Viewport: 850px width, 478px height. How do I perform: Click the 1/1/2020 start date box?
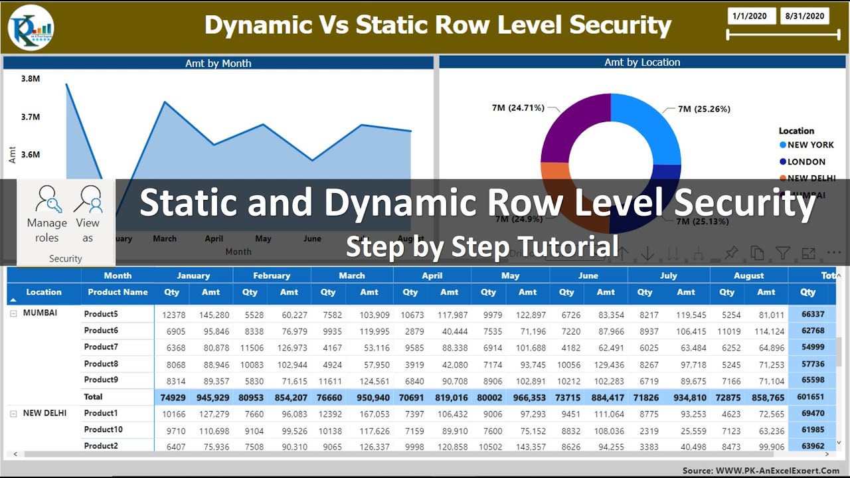point(752,16)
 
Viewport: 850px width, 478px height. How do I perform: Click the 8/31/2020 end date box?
point(805,16)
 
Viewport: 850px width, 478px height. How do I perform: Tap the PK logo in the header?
point(31,28)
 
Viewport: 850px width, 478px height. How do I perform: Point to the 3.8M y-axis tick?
point(31,78)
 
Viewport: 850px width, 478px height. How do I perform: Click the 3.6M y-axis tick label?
point(31,155)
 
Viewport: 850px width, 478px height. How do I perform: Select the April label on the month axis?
point(214,239)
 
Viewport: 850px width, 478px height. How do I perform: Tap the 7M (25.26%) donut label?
point(704,109)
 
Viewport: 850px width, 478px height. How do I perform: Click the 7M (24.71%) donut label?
point(518,108)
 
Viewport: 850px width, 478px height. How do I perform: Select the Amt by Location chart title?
point(642,62)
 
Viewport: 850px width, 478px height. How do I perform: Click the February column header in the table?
point(272,276)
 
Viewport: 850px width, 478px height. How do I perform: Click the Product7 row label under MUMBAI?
point(101,347)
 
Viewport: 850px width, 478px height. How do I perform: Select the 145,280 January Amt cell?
point(214,315)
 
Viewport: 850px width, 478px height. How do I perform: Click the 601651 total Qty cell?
point(807,397)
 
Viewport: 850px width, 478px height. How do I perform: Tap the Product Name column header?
point(118,292)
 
